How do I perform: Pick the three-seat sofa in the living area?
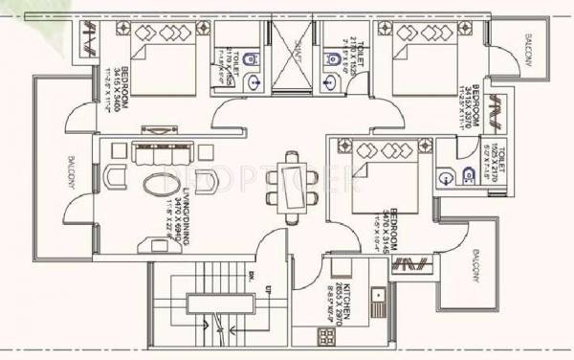(x=160, y=153)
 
